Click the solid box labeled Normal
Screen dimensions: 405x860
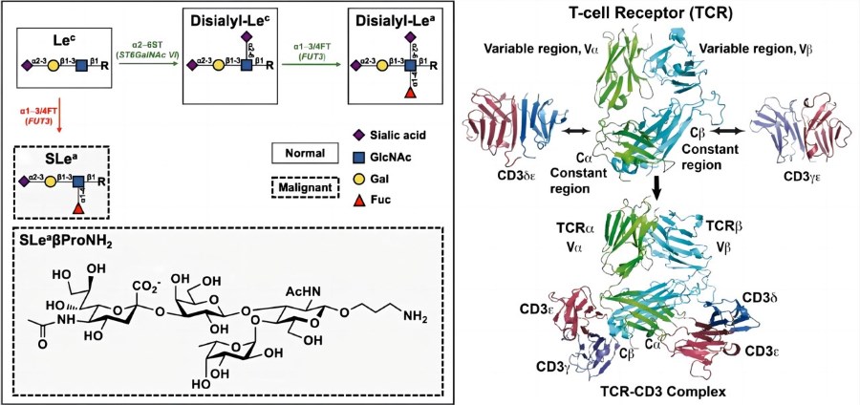(x=306, y=153)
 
